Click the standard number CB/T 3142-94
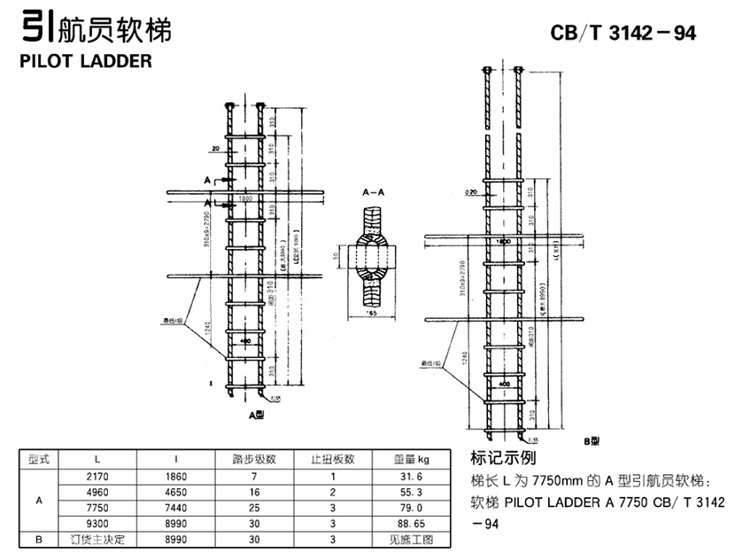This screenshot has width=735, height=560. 623,33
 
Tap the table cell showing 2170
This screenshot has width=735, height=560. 97,476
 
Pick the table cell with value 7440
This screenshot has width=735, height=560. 177,508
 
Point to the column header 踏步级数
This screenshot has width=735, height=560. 254,459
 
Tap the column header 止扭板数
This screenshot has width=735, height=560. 332,459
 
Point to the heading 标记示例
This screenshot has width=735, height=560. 506,459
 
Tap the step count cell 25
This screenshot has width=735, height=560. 254,508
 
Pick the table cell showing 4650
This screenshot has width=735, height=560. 177,492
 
